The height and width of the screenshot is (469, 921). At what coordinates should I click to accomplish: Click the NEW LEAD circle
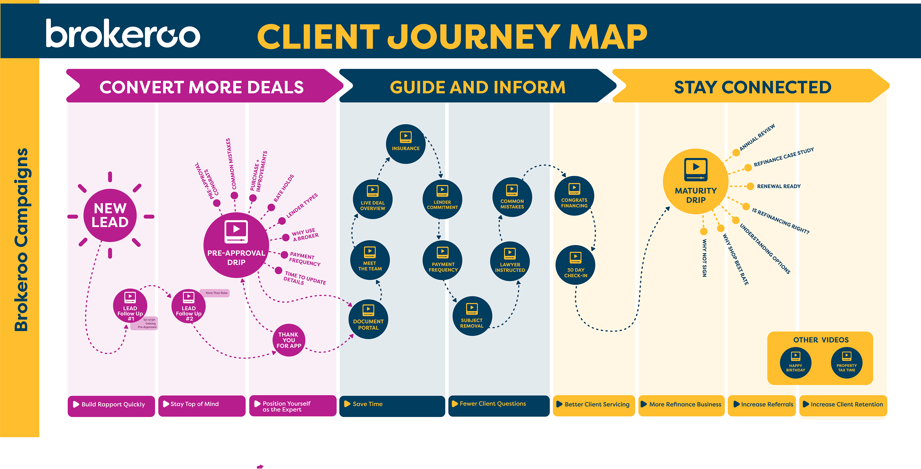110,215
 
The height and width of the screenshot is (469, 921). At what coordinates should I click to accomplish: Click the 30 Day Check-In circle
576,265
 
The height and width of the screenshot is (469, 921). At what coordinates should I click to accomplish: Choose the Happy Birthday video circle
796,363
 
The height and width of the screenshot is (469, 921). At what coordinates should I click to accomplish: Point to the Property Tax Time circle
847,363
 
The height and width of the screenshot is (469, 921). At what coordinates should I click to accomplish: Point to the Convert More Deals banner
202,87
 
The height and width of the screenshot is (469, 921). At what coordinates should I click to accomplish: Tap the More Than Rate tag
216,293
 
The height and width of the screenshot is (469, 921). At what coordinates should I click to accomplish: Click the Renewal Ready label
779,186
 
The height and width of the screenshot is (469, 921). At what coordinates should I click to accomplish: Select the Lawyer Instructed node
510,261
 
